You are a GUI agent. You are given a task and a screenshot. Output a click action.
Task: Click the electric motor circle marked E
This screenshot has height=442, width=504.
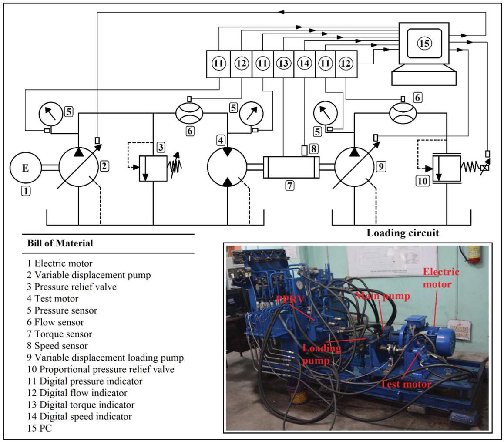click(x=25, y=168)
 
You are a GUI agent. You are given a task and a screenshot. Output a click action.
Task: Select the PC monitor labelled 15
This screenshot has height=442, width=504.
click(x=424, y=43)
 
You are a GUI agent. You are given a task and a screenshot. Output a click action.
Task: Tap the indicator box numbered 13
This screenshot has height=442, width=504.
click(x=283, y=64)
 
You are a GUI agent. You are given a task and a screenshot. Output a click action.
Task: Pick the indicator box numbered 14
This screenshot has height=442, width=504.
click(x=304, y=64)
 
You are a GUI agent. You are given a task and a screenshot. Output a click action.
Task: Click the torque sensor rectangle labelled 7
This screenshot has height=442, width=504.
click(x=291, y=167)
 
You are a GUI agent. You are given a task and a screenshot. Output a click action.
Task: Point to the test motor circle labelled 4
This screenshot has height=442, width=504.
click(x=227, y=167)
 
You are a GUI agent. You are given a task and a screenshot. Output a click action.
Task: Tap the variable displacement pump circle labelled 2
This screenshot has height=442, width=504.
click(x=78, y=168)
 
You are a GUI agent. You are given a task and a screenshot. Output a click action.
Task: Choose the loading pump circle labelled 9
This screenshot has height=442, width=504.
click(x=354, y=168)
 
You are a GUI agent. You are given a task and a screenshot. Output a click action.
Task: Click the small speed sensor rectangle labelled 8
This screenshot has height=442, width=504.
click(x=305, y=150)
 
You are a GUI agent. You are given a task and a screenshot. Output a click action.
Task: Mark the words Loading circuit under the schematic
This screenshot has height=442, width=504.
click(x=403, y=233)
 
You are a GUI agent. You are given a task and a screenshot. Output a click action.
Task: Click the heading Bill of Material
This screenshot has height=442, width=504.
click(x=60, y=243)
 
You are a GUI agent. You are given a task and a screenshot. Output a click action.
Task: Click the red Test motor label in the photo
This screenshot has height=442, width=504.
click(x=406, y=384)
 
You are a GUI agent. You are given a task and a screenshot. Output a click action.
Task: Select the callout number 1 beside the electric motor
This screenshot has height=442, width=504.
click(x=26, y=190)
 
